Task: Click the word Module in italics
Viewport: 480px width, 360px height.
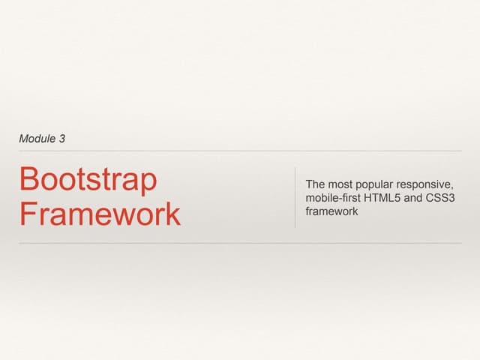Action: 34,139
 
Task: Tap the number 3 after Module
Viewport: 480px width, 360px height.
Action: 61,139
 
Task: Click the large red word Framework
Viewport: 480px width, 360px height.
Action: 100,214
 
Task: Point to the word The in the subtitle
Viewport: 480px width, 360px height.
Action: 315,184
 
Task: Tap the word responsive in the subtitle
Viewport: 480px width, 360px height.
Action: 428,185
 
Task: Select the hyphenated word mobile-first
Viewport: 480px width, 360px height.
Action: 333,198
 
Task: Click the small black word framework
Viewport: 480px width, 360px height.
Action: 331,211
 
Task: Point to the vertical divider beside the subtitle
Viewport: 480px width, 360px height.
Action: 295,196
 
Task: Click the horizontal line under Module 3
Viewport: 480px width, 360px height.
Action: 240,151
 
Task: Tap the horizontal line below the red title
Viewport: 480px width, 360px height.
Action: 240,243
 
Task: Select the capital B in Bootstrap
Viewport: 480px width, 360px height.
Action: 28,180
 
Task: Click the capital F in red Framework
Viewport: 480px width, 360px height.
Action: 27,214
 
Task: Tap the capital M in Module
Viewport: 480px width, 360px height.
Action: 23,139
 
